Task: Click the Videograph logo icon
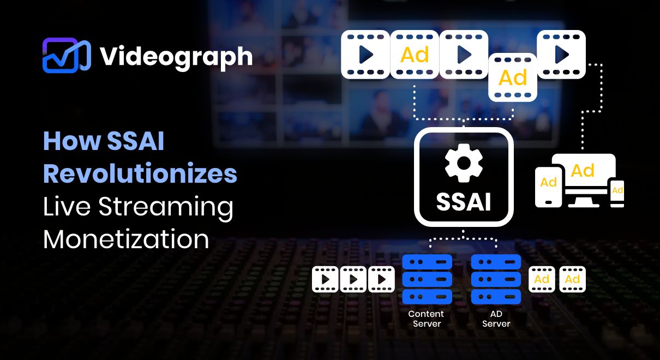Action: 67,56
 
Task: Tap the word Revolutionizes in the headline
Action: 140,173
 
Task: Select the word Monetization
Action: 126,239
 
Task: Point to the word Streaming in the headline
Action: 166,208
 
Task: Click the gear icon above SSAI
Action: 464,163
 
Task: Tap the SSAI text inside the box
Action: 464,202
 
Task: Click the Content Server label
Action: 426,319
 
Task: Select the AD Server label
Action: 496,319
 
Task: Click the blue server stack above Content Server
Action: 427,279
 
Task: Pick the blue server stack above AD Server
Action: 496,279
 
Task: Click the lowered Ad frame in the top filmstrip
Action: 513,77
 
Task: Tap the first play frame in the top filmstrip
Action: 365,55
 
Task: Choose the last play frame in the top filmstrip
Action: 561,55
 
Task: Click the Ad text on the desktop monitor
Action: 583,171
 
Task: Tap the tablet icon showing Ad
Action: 549,187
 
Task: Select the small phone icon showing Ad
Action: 617,194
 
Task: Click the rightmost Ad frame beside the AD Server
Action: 573,279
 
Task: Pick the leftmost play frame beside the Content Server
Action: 325,279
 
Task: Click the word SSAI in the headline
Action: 135,141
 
